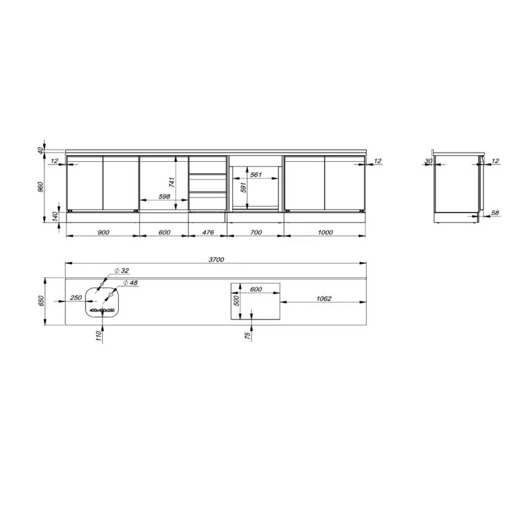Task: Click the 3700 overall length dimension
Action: click(x=216, y=259)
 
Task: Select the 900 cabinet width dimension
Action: click(x=103, y=233)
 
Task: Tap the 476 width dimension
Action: click(x=207, y=233)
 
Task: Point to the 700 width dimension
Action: click(x=256, y=233)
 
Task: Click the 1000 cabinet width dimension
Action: click(x=325, y=233)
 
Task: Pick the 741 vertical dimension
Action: click(x=172, y=182)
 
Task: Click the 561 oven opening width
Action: click(x=256, y=175)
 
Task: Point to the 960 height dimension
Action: click(x=41, y=186)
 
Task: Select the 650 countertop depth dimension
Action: click(x=41, y=302)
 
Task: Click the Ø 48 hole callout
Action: click(x=130, y=282)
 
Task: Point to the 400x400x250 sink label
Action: click(x=102, y=310)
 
